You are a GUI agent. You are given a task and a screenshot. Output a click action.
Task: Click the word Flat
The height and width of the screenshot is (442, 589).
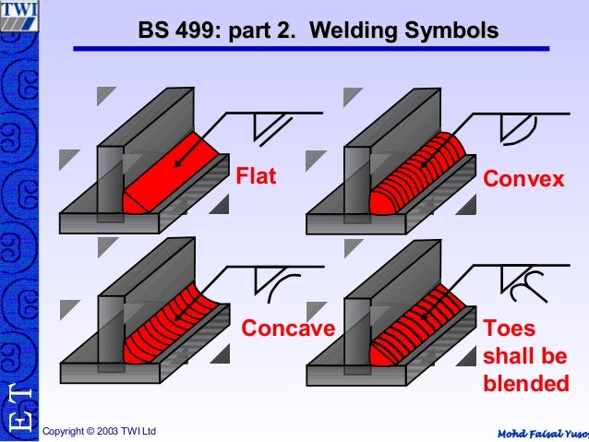pyautogui.click(x=256, y=175)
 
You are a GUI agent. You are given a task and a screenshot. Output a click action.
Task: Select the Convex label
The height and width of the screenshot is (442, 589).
pyautogui.click(x=523, y=177)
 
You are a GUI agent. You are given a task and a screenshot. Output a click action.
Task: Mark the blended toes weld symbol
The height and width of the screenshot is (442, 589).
pyautogui.click(x=519, y=286)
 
